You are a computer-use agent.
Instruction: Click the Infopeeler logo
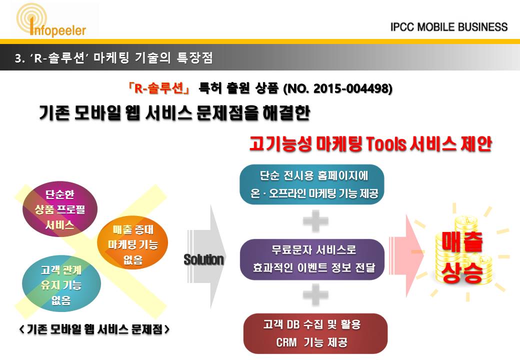(x=51, y=20)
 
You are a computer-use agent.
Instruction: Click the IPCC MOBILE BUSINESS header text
(x=449, y=27)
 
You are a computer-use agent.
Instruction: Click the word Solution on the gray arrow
(x=204, y=259)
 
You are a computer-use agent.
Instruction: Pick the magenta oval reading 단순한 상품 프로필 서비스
(x=60, y=209)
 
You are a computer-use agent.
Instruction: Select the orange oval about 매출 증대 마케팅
(x=132, y=244)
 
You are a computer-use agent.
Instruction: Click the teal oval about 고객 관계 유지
(x=61, y=284)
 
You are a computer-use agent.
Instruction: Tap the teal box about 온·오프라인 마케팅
(x=311, y=184)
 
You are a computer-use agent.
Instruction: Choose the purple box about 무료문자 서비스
(x=312, y=259)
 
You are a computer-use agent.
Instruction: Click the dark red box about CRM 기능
(x=315, y=333)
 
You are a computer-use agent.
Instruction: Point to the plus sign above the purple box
(x=315, y=221)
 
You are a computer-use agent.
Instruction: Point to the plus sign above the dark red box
(x=315, y=294)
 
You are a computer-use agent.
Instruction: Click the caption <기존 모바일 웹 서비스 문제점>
(x=94, y=329)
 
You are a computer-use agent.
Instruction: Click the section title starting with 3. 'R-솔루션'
(x=114, y=58)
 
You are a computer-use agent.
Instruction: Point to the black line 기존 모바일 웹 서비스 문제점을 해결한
(x=174, y=113)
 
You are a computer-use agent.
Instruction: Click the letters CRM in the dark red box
(x=286, y=342)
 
